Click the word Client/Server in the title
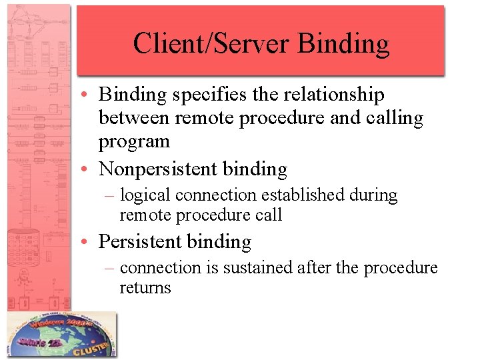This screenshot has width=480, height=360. click(211, 44)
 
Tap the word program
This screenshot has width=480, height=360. click(134, 142)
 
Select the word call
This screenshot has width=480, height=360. click(269, 215)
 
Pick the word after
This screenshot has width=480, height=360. click(315, 268)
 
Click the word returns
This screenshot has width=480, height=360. click(145, 288)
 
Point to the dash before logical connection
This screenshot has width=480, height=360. click(111, 196)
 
